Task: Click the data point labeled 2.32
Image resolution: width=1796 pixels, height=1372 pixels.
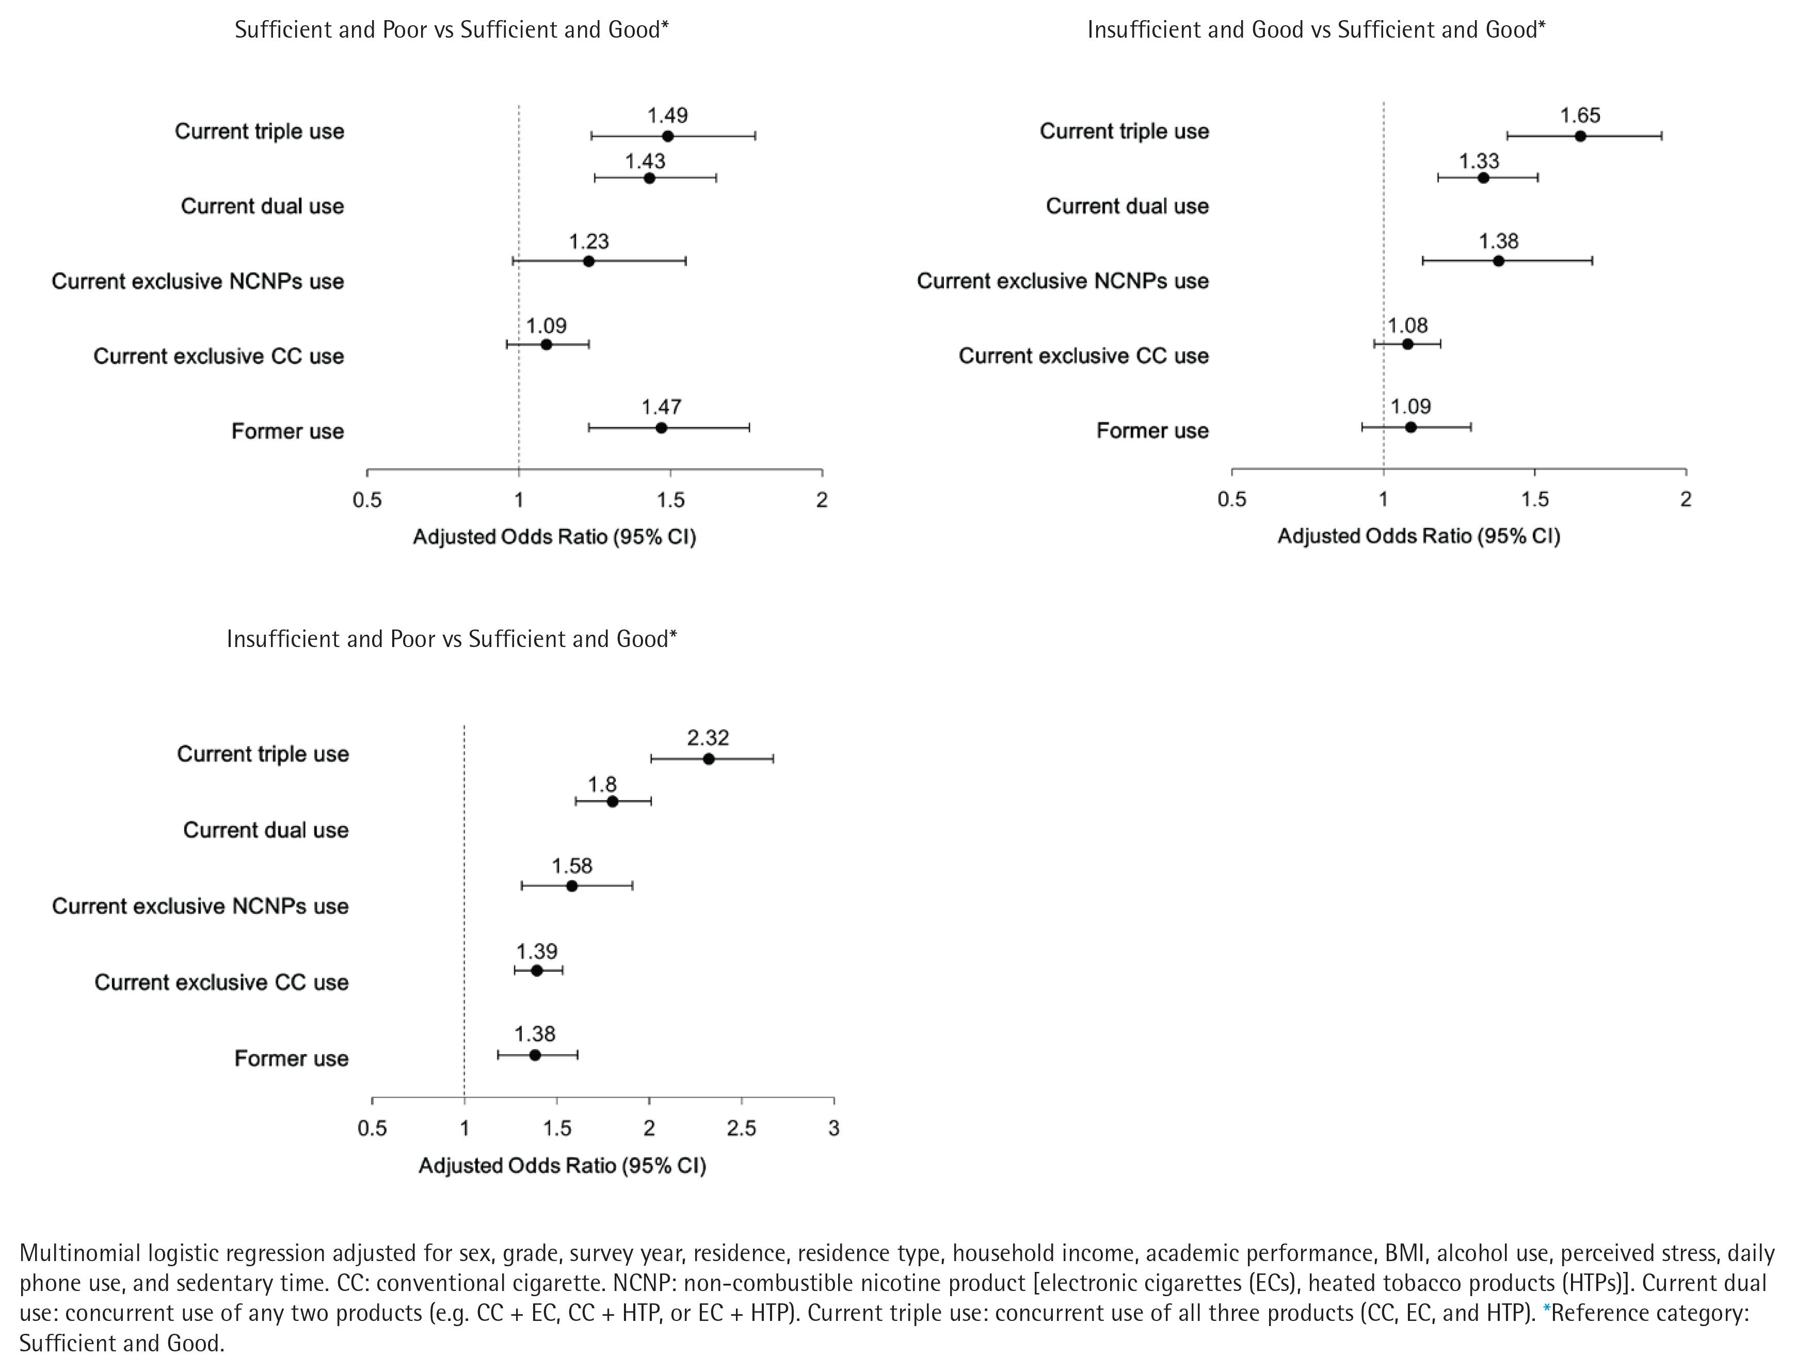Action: click(x=708, y=758)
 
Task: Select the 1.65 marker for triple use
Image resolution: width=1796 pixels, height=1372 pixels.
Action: click(x=1580, y=136)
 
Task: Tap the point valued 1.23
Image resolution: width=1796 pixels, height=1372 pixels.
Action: click(x=588, y=261)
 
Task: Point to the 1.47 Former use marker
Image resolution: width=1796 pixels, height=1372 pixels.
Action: click(x=661, y=427)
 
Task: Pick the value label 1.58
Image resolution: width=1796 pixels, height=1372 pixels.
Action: click(x=572, y=866)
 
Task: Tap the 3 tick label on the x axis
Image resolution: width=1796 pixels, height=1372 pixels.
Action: click(x=833, y=1128)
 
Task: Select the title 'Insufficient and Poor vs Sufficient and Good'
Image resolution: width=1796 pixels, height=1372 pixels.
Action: click(x=452, y=639)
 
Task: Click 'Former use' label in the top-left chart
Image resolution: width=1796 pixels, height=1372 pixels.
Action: click(x=287, y=431)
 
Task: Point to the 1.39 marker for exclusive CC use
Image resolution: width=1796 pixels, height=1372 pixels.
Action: click(x=537, y=970)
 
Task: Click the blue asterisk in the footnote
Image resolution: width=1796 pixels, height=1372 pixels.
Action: click(x=1546, y=1312)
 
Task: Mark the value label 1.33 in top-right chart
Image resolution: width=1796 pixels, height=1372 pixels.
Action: click(x=1479, y=161)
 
